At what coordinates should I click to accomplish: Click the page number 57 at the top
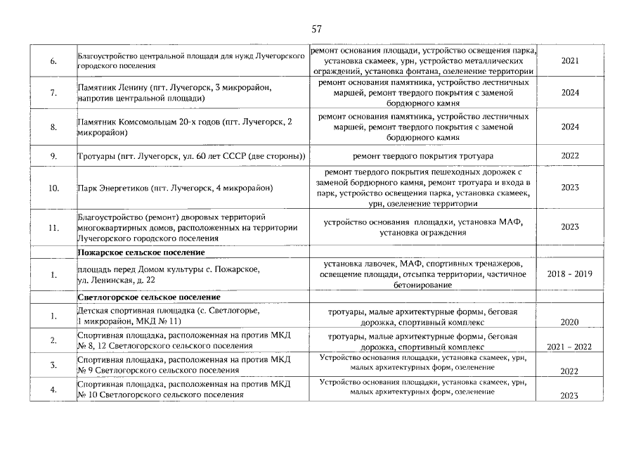click(x=316, y=30)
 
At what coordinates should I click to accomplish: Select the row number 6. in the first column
click(x=53, y=61)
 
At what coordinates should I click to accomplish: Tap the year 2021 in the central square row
click(x=570, y=61)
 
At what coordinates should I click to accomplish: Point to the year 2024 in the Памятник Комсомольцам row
click(x=570, y=127)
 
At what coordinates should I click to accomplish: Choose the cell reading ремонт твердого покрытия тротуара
click(x=422, y=155)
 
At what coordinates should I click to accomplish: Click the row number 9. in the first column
click(x=53, y=155)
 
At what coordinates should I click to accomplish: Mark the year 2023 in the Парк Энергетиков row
click(x=570, y=188)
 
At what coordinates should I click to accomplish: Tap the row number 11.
click(x=53, y=227)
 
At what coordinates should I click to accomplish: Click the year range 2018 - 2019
click(x=570, y=274)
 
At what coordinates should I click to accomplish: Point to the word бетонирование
click(x=422, y=285)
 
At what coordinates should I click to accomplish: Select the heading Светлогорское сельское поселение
click(x=149, y=297)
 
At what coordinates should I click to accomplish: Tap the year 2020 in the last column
click(x=570, y=322)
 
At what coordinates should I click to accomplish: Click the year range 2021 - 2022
click(x=570, y=347)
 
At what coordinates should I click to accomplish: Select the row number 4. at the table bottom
click(x=53, y=389)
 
